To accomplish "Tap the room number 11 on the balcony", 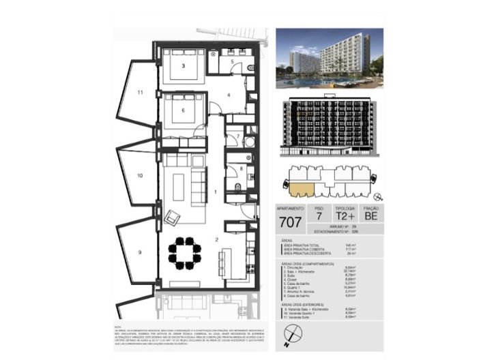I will pos(139,91).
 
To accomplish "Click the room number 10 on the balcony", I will pos(139,175).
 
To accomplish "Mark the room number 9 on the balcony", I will pos(139,252).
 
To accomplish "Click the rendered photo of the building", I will pos(329,59).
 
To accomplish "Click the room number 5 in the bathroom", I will pos(232,62).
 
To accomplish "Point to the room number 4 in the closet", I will pos(229,95).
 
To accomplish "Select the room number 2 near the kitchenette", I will pos(216,239).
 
